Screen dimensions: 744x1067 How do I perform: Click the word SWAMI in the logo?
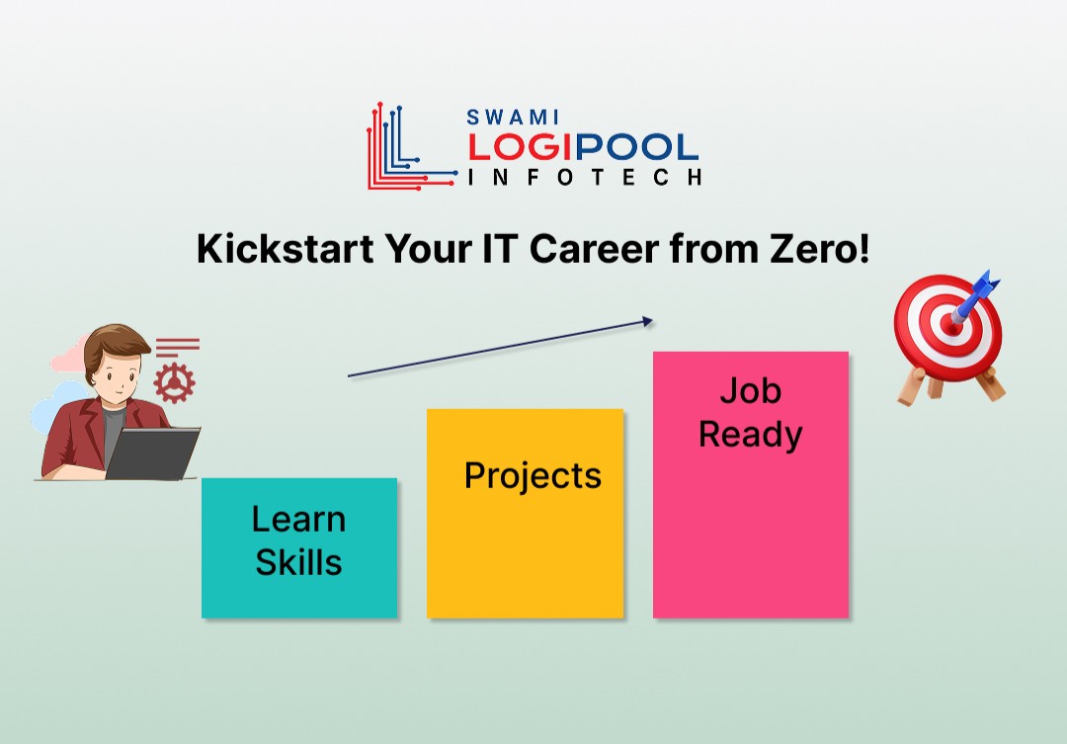(513, 117)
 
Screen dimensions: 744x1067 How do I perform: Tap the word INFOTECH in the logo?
(585, 177)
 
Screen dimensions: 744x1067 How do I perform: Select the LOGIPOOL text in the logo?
(583, 147)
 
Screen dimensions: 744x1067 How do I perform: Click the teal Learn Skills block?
(299, 548)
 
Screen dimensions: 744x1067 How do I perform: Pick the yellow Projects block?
(525, 514)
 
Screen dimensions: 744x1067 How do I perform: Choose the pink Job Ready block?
(750, 484)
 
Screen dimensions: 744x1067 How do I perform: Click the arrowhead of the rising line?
(647, 320)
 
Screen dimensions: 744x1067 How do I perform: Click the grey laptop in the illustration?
(153, 454)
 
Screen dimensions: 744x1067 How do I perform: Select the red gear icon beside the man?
(175, 379)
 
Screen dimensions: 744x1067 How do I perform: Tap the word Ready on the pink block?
(750, 435)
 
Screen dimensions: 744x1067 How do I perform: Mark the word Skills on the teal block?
(298, 562)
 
